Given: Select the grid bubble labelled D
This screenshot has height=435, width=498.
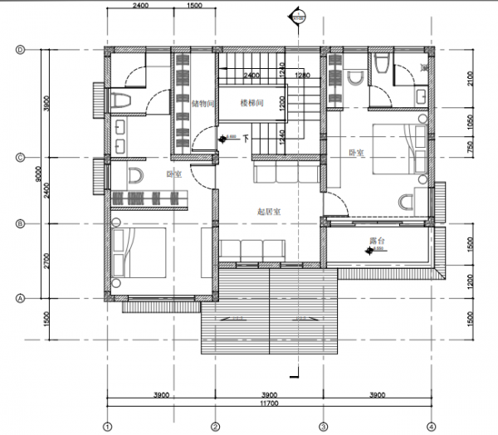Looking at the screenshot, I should [19, 49].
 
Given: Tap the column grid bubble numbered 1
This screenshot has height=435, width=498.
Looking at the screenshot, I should [107, 427].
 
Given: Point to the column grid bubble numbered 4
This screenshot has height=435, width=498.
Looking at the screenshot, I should [430, 427].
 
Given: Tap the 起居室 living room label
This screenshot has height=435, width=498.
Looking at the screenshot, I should [269, 213].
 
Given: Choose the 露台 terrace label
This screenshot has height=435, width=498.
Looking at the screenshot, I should [379, 240].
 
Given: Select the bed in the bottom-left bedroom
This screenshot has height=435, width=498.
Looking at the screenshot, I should [141, 252].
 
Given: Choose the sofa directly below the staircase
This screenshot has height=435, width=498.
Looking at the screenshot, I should [284, 173].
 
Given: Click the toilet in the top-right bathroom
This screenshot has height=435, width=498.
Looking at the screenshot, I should [381, 64].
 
